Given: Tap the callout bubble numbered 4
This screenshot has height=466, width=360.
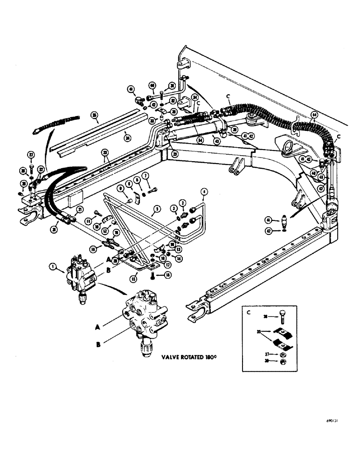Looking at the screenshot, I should pyautogui.click(x=203, y=191).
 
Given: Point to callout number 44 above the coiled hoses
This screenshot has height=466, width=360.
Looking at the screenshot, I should pyautogui.click(x=314, y=114).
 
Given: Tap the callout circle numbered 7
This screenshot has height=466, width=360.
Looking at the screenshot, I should pyautogui.click(x=146, y=176).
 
